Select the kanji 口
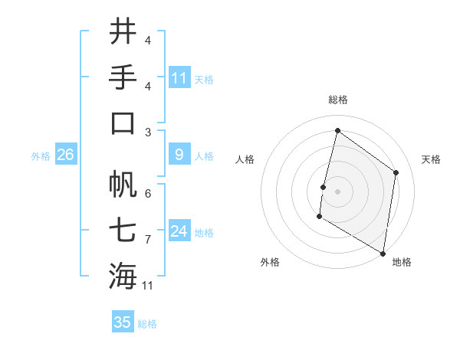(123, 123)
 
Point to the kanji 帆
(123, 183)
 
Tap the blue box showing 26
(65, 155)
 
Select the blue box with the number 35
(123, 322)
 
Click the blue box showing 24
(179, 231)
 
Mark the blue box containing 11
(179, 77)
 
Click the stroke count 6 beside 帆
(148, 193)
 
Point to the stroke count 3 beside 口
(148, 133)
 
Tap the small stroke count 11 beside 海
(148, 286)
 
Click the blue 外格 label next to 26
(41, 156)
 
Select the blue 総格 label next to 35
(147, 324)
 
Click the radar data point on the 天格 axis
(396, 172)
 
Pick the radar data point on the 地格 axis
(383, 253)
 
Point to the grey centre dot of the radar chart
(337, 191)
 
